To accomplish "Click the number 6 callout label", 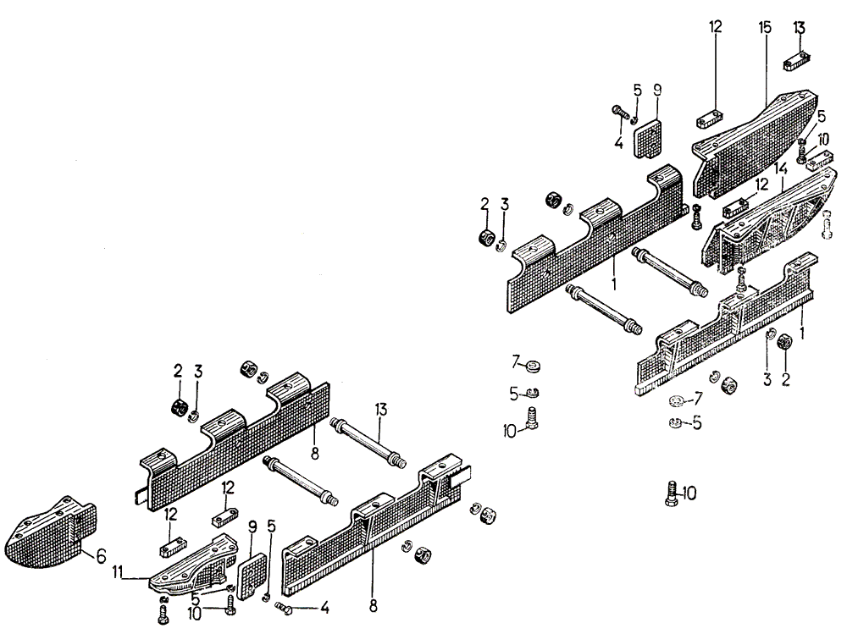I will point(101,556).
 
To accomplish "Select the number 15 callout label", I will point(764,28).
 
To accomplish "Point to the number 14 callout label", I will point(780,169).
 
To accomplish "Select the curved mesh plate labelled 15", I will point(754,144).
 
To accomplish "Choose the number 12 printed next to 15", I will point(715,28).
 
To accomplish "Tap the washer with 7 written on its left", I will point(533,367).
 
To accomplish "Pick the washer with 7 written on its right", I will point(678,400).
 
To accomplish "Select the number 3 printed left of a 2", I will point(767,380).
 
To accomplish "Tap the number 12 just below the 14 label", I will point(762,184).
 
